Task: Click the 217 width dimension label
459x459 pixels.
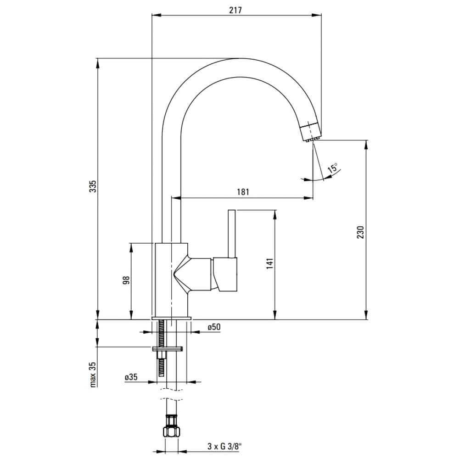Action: (235, 10)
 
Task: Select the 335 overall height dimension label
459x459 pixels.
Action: (93, 186)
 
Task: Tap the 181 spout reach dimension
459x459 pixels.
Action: (243, 192)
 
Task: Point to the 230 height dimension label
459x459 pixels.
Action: (360, 232)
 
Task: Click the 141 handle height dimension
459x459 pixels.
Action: (270, 263)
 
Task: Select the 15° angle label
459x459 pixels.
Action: (332, 168)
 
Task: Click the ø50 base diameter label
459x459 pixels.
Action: (214, 327)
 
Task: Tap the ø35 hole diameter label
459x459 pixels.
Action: (131, 377)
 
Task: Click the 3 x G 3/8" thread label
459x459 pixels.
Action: (225, 446)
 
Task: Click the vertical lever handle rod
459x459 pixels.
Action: (232, 234)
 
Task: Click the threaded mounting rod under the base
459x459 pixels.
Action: (161, 348)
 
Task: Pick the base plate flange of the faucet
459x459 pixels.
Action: (172, 318)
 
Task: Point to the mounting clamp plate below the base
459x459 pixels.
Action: (168, 348)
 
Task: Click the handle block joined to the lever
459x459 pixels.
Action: (225, 274)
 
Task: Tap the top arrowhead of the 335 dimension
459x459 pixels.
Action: (98, 63)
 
